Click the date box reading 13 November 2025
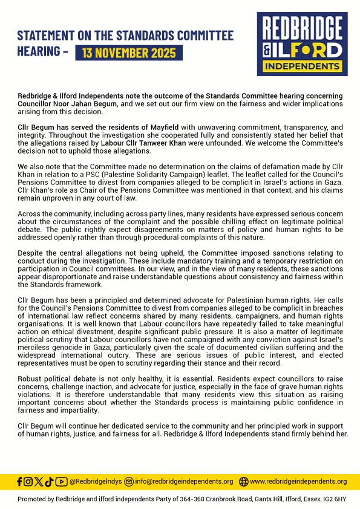[128, 53]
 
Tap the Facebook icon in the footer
[20, 481]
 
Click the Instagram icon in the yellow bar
[28, 481]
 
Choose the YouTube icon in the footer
[61, 481]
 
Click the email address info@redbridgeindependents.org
[184, 481]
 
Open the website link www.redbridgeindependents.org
[298, 481]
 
